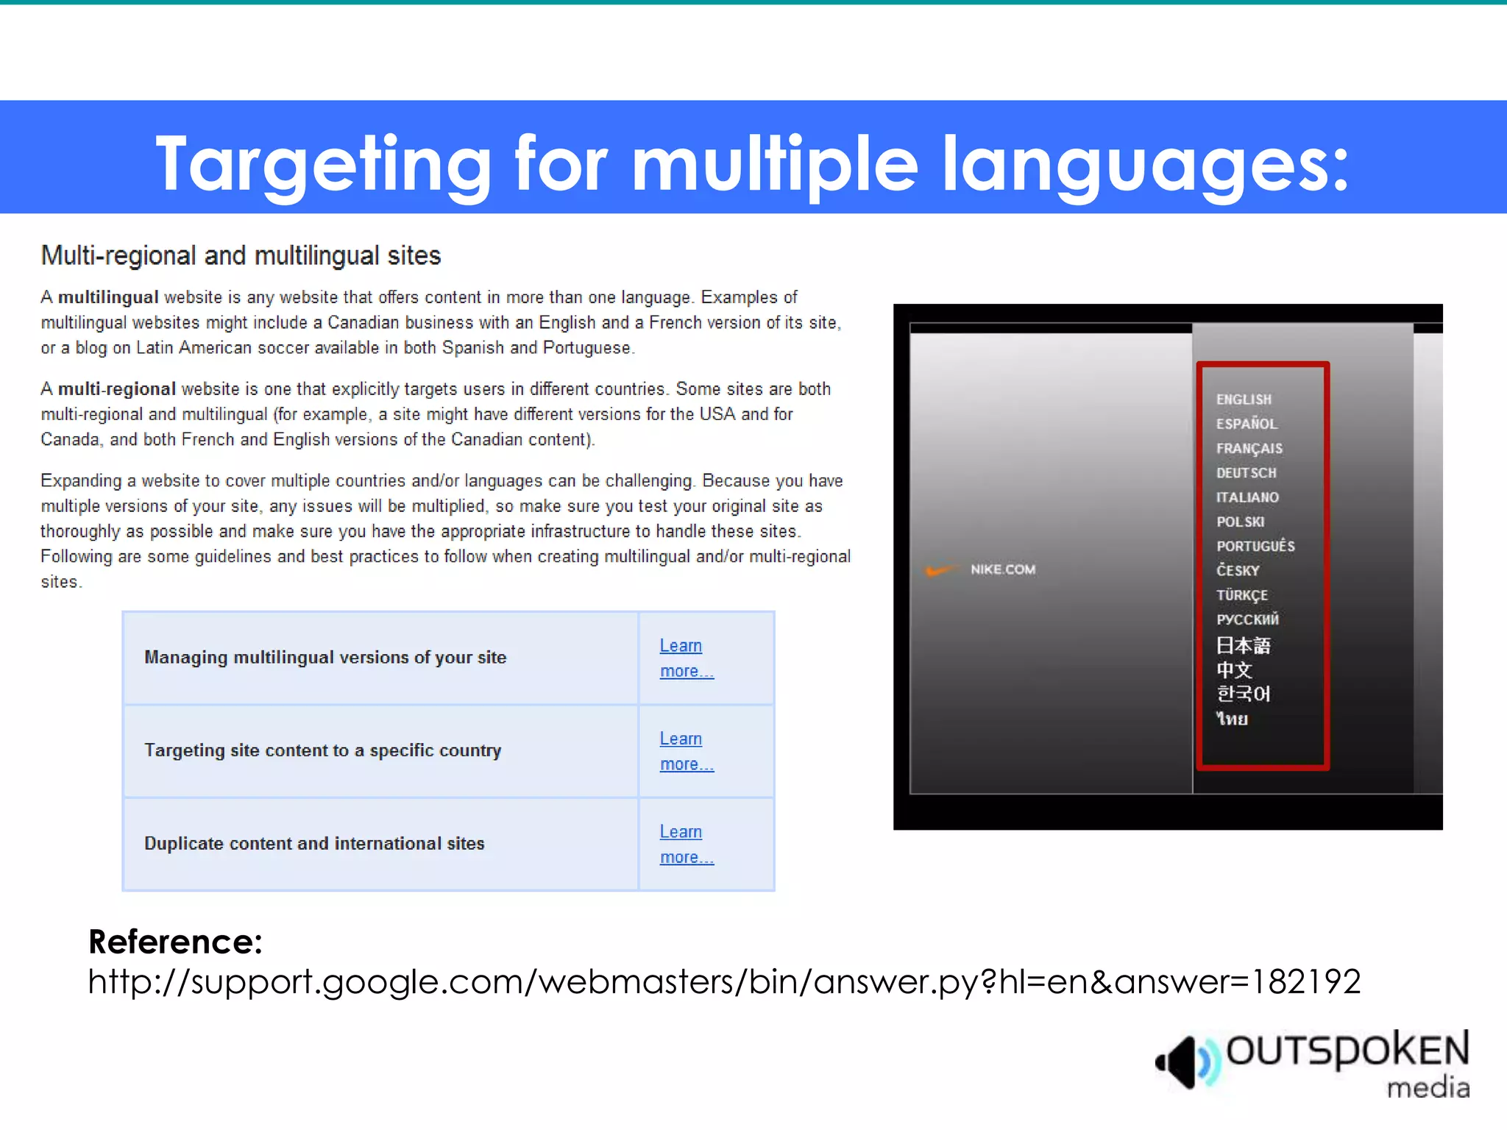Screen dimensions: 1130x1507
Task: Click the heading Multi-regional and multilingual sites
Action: coord(241,256)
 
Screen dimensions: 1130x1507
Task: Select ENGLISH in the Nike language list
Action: coord(1244,399)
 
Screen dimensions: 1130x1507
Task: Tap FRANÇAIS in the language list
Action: coord(1249,449)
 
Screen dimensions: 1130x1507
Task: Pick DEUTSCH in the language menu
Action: coord(1246,473)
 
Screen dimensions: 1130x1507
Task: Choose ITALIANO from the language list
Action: coord(1247,497)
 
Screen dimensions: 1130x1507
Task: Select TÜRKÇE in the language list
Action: coord(1241,595)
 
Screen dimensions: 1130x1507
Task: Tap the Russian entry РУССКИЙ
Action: coord(1247,619)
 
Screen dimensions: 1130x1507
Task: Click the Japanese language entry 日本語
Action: coord(1243,645)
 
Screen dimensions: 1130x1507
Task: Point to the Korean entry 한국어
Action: coord(1243,694)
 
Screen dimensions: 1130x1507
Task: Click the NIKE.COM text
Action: coord(1002,569)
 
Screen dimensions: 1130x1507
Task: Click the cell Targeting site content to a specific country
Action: coord(322,750)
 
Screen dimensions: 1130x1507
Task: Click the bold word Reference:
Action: coord(175,942)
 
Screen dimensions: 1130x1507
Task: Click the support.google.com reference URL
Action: coord(724,981)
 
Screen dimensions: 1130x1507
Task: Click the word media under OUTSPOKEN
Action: coord(1428,1087)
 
